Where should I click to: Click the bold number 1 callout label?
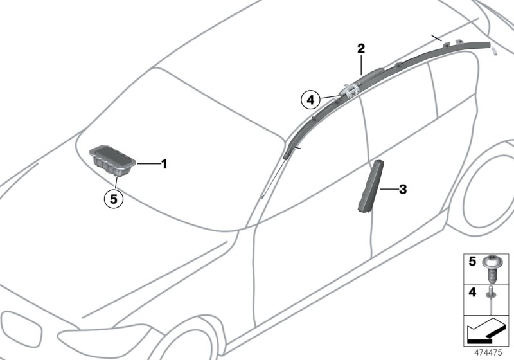click(164, 164)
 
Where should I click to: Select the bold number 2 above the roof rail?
click(361, 49)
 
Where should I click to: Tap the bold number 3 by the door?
click(403, 190)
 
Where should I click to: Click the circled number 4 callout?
click(311, 100)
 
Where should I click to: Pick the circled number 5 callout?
click(114, 199)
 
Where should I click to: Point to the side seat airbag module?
click(371, 186)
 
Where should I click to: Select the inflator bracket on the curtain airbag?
click(350, 91)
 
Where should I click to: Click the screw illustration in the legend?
click(492, 269)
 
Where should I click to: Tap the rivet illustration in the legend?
click(491, 300)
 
